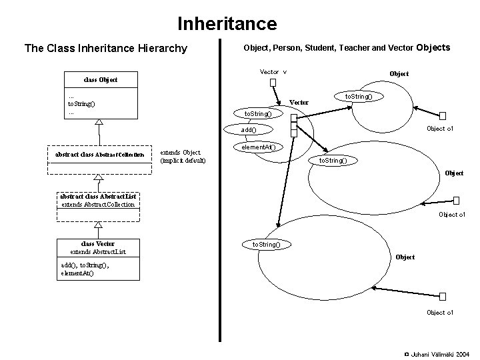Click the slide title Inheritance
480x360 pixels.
pos(227,25)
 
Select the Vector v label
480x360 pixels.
pos(273,71)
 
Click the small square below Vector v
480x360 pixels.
pos(273,83)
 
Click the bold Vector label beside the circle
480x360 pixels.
pos(299,102)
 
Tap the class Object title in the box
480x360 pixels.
pos(101,80)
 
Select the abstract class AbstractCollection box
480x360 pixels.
pos(99,155)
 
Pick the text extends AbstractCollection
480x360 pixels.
pos(98,204)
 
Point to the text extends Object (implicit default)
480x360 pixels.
pos(183,157)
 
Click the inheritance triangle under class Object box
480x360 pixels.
pos(99,123)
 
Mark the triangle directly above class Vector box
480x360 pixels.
pos(99,227)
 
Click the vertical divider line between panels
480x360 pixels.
pos(221,193)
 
